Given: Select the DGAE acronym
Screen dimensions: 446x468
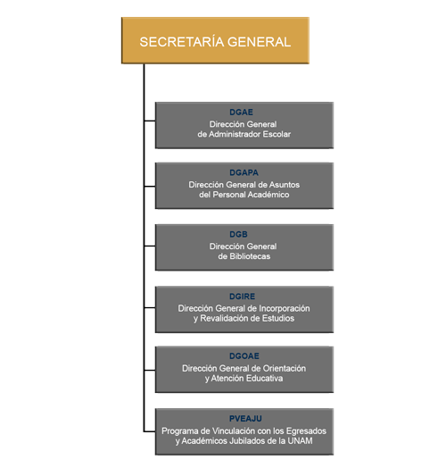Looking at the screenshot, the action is (241, 113).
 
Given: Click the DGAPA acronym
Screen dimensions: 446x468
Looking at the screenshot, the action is (244, 172).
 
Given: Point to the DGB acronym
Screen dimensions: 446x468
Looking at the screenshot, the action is (238, 234).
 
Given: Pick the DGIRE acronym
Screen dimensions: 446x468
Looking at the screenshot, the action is (242, 297).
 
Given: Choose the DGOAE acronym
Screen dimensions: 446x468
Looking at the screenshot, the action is (244, 356).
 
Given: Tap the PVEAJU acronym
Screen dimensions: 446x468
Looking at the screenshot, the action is (245, 419).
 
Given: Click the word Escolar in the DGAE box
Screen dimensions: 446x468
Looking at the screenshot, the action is (277, 134).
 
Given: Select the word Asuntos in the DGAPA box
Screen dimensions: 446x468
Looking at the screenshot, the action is (285, 185).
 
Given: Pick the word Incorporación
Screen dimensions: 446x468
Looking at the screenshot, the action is (285, 308).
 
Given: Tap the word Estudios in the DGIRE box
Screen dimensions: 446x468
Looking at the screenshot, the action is (278, 319).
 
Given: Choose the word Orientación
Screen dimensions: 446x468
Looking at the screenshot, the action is (285, 368).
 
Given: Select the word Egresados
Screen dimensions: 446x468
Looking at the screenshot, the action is (306, 431).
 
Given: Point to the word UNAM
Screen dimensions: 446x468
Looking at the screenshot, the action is (300, 441).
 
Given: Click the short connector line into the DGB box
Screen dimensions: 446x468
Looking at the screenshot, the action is (150, 246).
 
